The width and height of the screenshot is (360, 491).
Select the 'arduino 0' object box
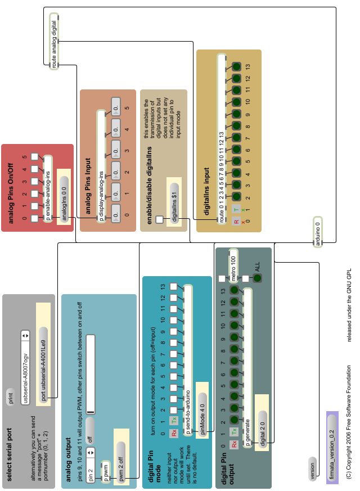click(x=318, y=231)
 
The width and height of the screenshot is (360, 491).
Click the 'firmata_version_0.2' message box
click(x=332, y=449)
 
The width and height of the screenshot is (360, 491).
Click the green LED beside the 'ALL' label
click(x=257, y=278)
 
